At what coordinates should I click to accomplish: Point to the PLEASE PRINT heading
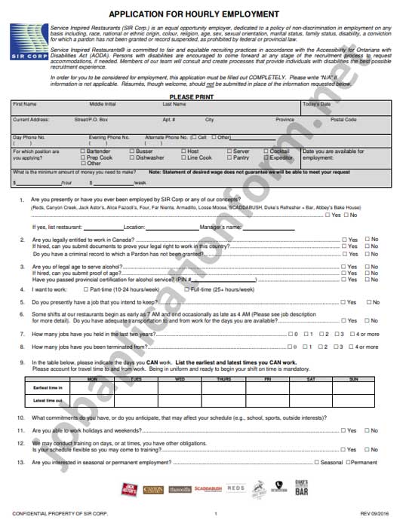[191, 97]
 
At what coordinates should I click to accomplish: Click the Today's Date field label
[316, 104]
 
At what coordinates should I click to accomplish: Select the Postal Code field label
[343, 120]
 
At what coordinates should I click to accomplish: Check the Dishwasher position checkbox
[131, 157]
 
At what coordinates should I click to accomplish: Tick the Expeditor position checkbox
[266, 157]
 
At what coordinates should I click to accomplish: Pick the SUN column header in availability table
[352, 379]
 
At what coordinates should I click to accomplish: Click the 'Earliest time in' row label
[48, 387]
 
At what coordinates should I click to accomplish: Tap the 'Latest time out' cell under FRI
[266, 400]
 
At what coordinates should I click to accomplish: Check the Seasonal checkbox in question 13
[315, 462]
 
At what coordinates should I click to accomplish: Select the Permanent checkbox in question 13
[347, 462]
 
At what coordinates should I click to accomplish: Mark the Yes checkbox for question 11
[343, 430]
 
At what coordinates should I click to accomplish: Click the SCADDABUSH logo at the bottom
[208, 489]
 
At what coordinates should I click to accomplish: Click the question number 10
[21, 417]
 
